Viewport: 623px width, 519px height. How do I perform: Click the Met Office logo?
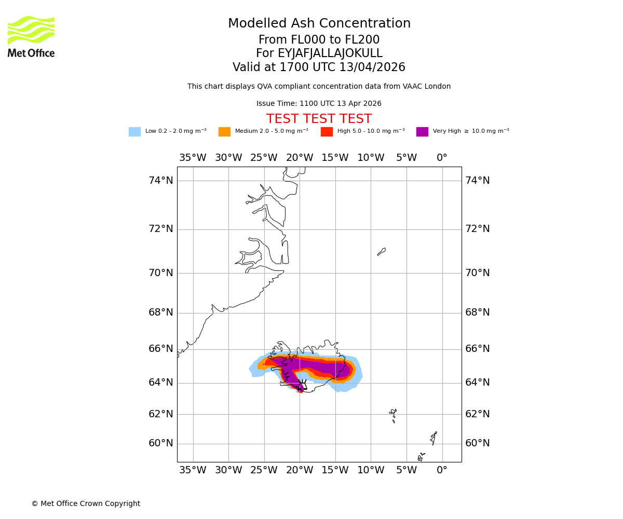click(x=31, y=36)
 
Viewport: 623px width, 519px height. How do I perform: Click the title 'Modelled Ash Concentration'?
click(x=319, y=24)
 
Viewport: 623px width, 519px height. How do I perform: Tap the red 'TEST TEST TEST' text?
click(x=319, y=119)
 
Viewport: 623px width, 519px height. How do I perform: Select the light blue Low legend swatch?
click(x=134, y=132)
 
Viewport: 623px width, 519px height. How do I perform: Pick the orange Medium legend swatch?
click(x=224, y=132)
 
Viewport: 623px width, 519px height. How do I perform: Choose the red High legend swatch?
click(x=327, y=132)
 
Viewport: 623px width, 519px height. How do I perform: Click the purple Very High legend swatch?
click(x=422, y=132)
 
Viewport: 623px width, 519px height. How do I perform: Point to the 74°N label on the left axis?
click(x=161, y=181)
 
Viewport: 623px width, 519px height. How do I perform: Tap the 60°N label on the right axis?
click(x=477, y=443)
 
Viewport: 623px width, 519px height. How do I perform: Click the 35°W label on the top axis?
click(x=193, y=158)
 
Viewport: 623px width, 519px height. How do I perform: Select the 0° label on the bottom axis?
click(x=442, y=470)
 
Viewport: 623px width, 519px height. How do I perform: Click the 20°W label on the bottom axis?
click(x=300, y=470)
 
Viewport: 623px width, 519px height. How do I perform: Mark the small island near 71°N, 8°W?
click(x=382, y=252)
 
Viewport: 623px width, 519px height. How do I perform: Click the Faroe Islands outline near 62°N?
click(x=394, y=415)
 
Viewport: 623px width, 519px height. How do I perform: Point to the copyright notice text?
click(x=86, y=504)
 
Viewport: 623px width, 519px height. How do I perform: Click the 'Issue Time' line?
click(x=319, y=104)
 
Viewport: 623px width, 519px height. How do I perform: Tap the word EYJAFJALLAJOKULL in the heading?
click(x=330, y=53)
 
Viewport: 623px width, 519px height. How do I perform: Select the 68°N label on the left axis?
click(x=161, y=312)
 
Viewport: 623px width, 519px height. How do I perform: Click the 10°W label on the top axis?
click(x=371, y=158)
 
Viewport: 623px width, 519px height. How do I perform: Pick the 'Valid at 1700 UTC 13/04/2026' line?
click(x=319, y=67)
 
